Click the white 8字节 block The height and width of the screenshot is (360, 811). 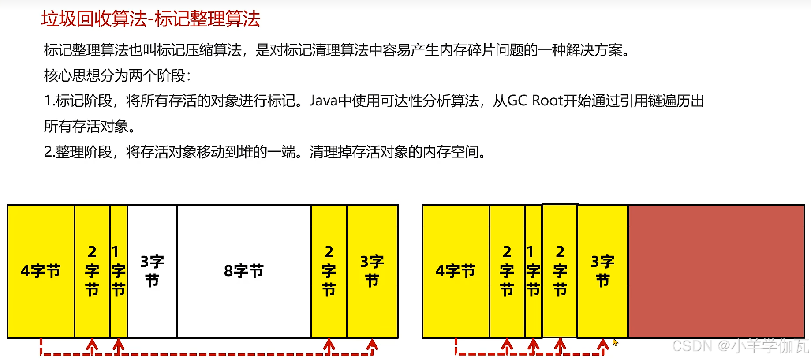click(244, 271)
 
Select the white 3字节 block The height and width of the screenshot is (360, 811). click(152, 271)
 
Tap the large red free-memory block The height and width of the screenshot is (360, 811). click(716, 271)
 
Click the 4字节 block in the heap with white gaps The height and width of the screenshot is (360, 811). click(41, 271)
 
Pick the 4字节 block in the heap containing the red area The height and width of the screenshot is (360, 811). click(456, 271)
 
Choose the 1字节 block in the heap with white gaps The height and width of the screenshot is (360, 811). click(118, 271)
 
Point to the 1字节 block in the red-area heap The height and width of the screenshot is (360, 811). click(533, 271)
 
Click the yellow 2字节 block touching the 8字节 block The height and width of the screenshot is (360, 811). click(329, 271)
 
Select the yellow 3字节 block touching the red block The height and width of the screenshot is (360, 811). click(602, 271)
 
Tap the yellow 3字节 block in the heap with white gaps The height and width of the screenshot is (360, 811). click(372, 271)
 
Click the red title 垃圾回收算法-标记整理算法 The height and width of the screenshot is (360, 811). click(151, 19)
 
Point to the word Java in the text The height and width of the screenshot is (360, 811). click(323, 101)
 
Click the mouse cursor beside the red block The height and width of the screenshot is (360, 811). click(615, 341)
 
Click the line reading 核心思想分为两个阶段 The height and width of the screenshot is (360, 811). click(117, 76)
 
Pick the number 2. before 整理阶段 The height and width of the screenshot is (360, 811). click(49, 152)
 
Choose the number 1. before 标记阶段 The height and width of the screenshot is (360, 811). click(49, 101)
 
